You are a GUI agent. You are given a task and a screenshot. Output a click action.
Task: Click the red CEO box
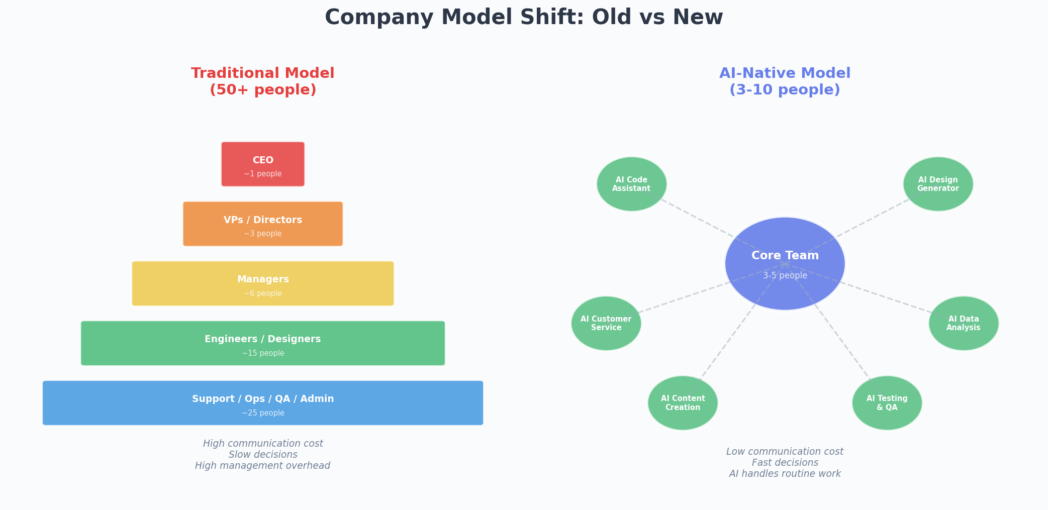(263, 164)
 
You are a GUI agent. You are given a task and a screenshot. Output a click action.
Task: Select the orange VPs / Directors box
(263, 224)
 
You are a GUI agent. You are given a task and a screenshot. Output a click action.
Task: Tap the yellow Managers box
(263, 283)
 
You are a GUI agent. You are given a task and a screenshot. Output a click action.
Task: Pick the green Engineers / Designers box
(263, 343)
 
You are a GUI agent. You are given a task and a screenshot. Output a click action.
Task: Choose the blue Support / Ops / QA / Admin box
(263, 403)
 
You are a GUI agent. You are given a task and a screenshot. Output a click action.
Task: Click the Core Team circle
(785, 264)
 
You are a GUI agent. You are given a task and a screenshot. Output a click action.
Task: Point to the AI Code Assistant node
(632, 184)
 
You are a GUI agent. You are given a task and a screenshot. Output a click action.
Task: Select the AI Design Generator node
(938, 184)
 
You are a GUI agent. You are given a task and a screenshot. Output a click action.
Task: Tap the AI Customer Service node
(606, 323)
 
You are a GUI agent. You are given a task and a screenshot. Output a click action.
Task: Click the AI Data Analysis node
(964, 323)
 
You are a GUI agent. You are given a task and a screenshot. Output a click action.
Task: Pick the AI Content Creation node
(683, 403)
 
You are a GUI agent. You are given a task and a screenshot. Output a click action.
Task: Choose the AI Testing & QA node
(887, 403)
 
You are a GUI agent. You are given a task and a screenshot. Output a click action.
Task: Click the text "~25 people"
(263, 413)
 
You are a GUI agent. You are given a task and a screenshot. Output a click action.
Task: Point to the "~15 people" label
(263, 353)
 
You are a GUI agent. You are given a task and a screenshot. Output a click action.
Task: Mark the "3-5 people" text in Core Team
(785, 275)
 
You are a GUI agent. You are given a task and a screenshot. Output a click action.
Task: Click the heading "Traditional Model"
(263, 73)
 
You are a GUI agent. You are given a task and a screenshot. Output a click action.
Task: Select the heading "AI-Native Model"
(785, 73)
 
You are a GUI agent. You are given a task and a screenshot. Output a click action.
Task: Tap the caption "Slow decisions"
(263, 455)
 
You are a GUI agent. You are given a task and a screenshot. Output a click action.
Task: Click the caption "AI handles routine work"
(785, 474)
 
